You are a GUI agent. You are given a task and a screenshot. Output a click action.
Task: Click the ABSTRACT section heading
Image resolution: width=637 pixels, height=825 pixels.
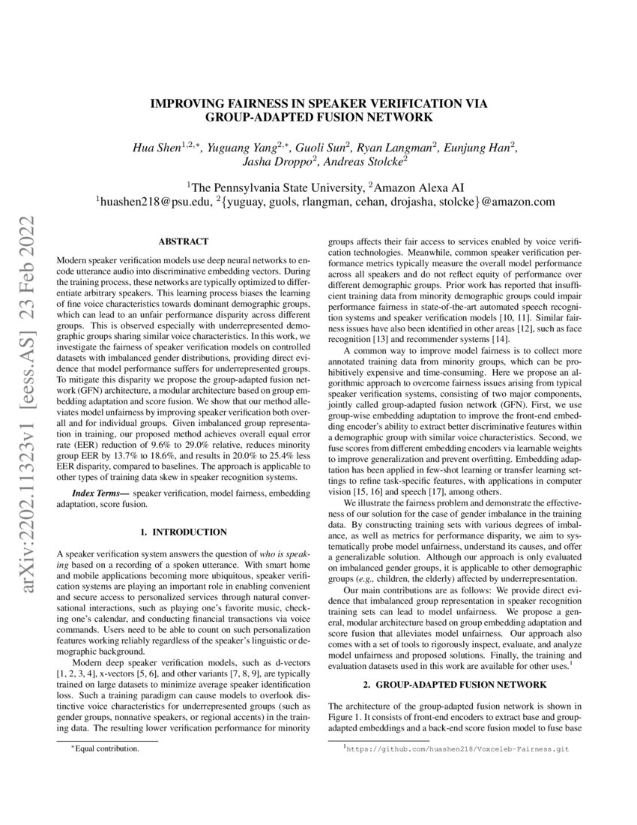pos(183,241)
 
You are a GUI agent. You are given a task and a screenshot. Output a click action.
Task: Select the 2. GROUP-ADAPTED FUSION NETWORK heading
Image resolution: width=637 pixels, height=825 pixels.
pos(455,685)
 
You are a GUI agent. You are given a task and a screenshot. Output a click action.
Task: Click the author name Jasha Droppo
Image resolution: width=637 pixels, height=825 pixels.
pos(273,160)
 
